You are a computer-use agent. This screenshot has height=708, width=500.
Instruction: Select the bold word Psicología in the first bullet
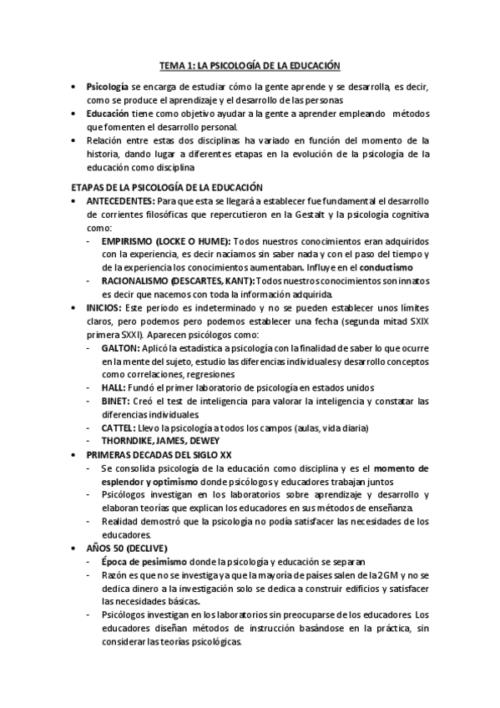tap(107, 87)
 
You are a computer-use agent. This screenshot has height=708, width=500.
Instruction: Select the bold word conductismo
tap(386, 267)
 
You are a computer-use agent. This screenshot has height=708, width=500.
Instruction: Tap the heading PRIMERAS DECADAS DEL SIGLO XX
tap(159, 455)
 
